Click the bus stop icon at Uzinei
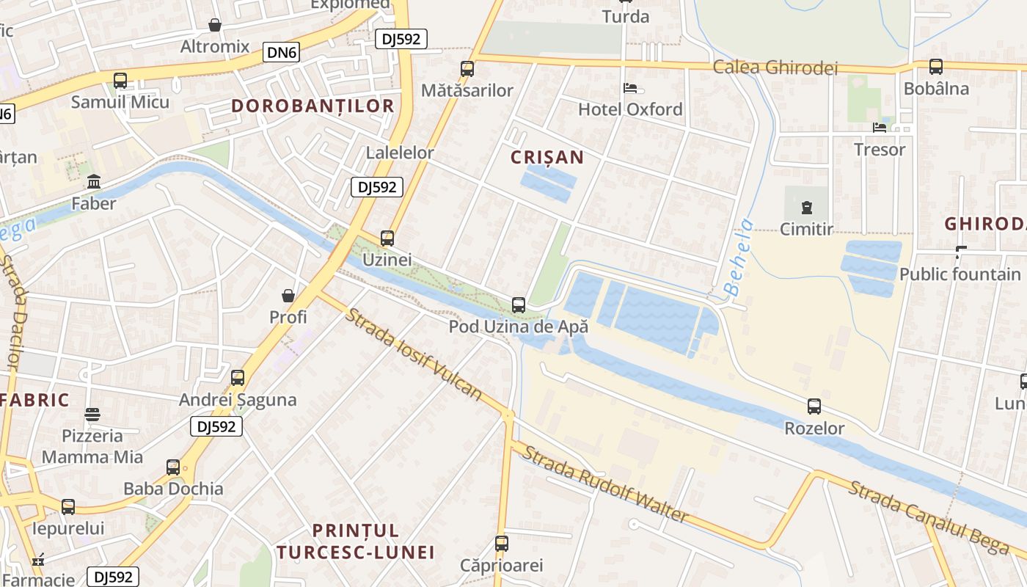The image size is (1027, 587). (x=387, y=238)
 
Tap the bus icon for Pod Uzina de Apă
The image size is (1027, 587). (x=519, y=305)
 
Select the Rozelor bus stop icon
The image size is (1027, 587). (x=814, y=406)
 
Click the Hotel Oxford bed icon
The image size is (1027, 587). (x=630, y=89)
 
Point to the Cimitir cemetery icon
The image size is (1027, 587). (x=807, y=208)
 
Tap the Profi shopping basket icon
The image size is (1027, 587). (x=288, y=296)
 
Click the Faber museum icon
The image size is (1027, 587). (x=94, y=182)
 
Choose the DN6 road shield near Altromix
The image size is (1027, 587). (x=282, y=52)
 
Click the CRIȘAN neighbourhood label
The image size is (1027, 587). (x=548, y=157)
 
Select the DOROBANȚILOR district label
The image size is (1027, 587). (x=313, y=106)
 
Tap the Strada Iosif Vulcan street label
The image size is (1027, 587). (x=414, y=354)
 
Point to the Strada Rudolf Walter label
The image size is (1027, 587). (x=604, y=484)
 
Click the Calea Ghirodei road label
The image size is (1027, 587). (x=775, y=68)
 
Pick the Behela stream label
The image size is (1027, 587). (x=739, y=258)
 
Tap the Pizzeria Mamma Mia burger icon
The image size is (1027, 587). (x=92, y=415)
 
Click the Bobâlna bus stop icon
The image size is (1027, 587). (x=936, y=67)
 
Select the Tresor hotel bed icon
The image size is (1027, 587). (x=880, y=128)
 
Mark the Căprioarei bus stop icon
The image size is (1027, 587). (x=502, y=544)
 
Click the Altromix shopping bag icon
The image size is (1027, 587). (x=215, y=26)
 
